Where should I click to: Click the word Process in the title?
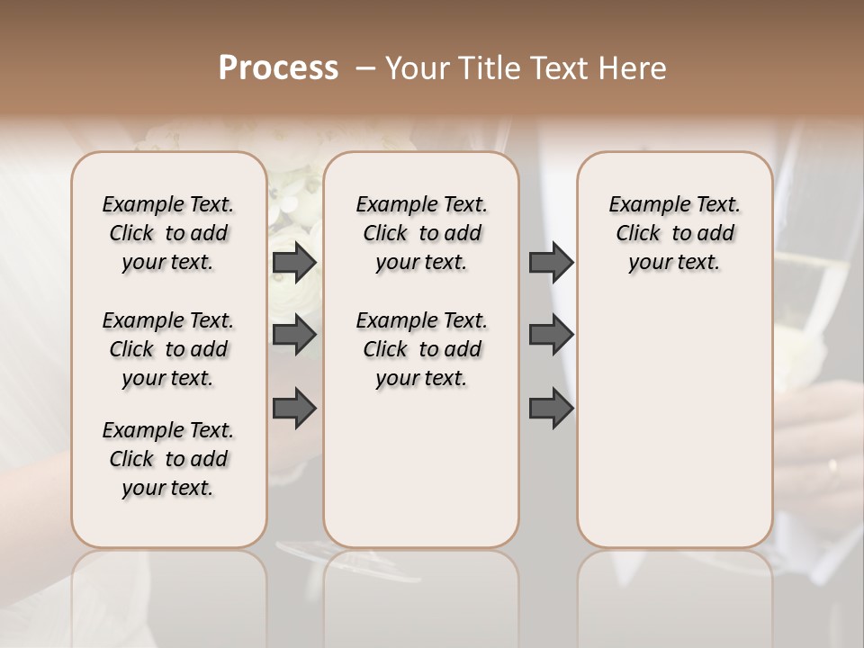pyautogui.click(x=278, y=68)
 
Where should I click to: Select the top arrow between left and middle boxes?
pyautogui.click(x=293, y=263)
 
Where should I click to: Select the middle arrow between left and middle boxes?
pyautogui.click(x=293, y=336)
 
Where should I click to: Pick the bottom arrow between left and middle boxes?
pyautogui.click(x=293, y=409)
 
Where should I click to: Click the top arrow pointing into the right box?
pyautogui.click(x=551, y=263)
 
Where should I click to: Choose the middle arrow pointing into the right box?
pyautogui.click(x=551, y=336)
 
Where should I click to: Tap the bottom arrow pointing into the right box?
pyautogui.click(x=551, y=409)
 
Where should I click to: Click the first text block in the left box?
pyautogui.click(x=168, y=233)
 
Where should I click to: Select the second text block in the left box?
pyautogui.click(x=168, y=349)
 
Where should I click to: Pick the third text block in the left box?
pyautogui.click(x=168, y=459)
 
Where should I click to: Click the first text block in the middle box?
pyautogui.click(x=421, y=233)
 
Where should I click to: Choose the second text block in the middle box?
pyautogui.click(x=421, y=349)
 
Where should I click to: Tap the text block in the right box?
pyautogui.click(x=674, y=233)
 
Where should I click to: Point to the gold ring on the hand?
pyautogui.click(x=832, y=467)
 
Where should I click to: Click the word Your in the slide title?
pyautogui.click(x=415, y=68)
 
